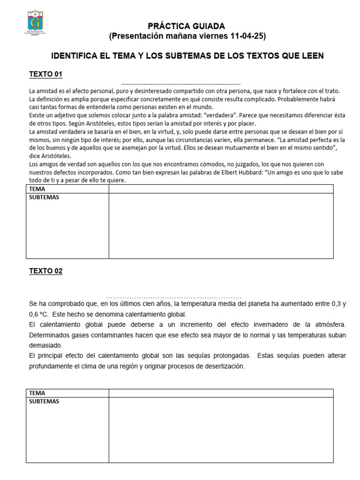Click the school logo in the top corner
[x=36, y=25]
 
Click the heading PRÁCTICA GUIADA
[x=187, y=26]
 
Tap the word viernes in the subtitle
[x=212, y=36]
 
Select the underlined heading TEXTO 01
[x=45, y=75]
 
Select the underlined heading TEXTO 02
[x=45, y=271]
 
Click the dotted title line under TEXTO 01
[x=180, y=82]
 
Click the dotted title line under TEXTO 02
[x=173, y=297]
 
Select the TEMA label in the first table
[x=37, y=189]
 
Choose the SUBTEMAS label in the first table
[x=44, y=197]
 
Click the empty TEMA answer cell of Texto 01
[x=221, y=189]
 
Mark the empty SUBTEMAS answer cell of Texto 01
[x=221, y=225]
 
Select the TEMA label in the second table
[x=37, y=393]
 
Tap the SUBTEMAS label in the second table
[x=44, y=402]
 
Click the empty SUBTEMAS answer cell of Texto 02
[x=221, y=429]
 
